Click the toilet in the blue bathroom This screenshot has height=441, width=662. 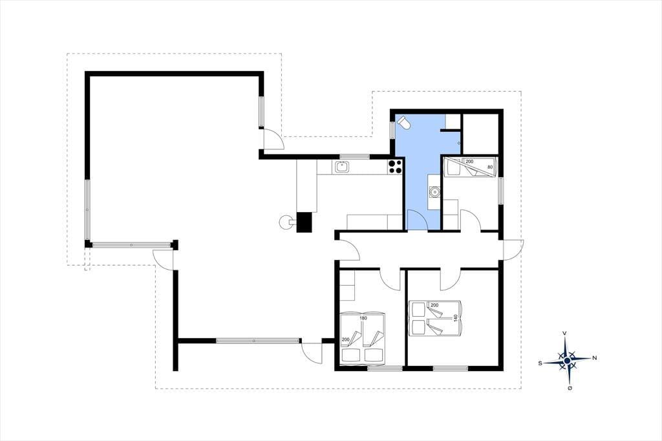point(403,123)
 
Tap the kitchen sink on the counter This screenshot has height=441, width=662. point(342,167)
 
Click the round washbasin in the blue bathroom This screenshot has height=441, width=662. point(434,193)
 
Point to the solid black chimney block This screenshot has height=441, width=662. point(304,222)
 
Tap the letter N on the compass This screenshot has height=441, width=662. point(595,358)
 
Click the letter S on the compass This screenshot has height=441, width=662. point(540,363)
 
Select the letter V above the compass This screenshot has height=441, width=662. point(565,333)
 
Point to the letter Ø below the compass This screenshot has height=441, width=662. point(570,388)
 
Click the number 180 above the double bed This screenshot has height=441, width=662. point(363,318)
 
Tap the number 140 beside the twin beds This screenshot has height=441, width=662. point(456,318)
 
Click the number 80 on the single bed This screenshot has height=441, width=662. point(490,167)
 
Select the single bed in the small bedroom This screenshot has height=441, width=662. point(472,167)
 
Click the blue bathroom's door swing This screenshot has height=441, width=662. point(417,220)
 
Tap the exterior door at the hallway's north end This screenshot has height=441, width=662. point(513,249)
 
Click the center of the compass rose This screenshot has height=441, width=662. point(567,360)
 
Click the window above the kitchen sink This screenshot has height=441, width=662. point(355,156)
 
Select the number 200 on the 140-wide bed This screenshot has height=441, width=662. point(434,305)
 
